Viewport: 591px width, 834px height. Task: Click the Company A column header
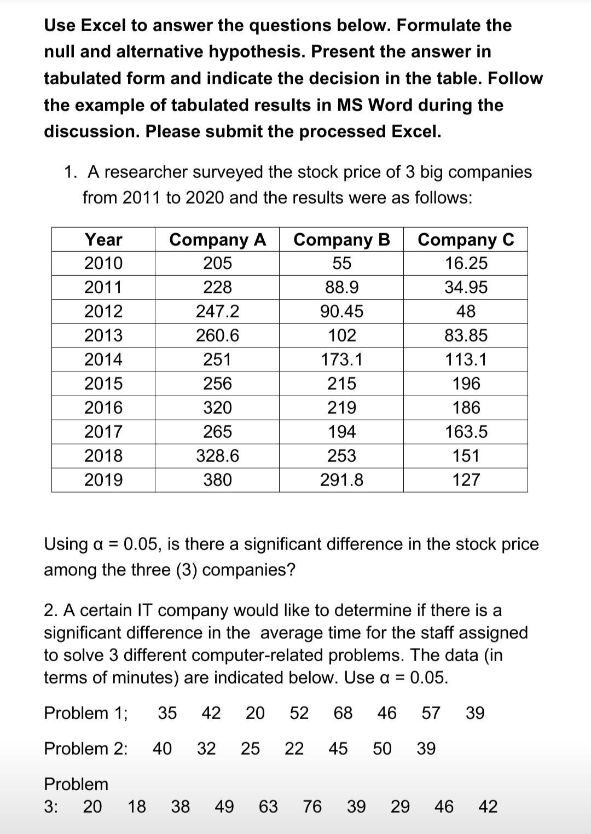[217, 240]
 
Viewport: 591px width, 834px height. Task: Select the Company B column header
[341, 240]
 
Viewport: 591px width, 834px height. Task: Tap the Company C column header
[466, 240]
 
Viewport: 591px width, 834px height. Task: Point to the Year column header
[103, 240]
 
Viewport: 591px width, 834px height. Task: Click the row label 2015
[103, 384]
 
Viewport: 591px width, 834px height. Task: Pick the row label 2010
[103, 263]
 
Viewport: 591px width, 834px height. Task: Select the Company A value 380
[217, 480]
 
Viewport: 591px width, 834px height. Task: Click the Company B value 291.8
[341, 480]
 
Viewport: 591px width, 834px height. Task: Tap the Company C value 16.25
[466, 263]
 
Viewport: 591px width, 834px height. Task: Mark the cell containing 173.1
[341, 360]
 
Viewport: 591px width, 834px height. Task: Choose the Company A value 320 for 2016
[217, 408]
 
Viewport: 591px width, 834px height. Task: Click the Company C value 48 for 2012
[466, 311]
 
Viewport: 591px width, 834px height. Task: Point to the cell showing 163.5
[466, 432]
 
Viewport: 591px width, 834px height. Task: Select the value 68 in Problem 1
[343, 713]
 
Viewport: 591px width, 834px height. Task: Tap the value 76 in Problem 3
[312, 807]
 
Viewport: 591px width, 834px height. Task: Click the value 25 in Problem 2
[251, 748]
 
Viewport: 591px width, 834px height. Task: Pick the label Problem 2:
[86, 748]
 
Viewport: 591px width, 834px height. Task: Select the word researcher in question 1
[146, 172]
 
